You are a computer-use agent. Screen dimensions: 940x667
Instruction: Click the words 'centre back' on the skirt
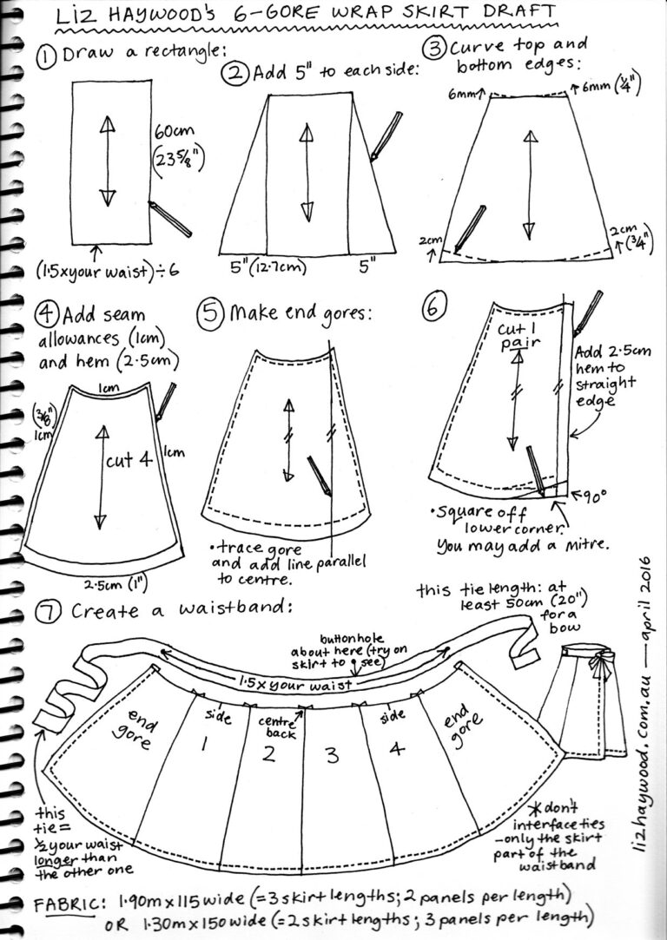(x=279, y=726)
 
